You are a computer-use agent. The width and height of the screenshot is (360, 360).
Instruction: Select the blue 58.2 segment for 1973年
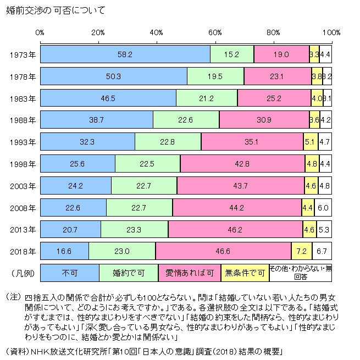pyautogui.click(x=125, y=54)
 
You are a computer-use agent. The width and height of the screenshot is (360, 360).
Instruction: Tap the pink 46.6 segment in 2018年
pyautogui.click(x=223, y=251)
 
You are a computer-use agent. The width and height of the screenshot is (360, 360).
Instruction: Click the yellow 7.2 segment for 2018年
pyautogui.click(x=302, y=251)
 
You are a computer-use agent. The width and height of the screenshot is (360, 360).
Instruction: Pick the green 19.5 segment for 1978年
pyautogui.click(x=215, y=76)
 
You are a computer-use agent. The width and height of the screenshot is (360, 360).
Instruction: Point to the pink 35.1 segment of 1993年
pyautogui.click(x=252, y=142)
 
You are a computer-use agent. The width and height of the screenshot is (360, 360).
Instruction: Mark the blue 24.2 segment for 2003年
pyautogui.click(x=76, y=186)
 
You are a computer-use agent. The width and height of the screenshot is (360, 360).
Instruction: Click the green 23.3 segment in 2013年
pyautogui.click(x=135, y=229)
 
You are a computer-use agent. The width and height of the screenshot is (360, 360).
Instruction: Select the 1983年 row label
pyautogui.click(x=23, y=98)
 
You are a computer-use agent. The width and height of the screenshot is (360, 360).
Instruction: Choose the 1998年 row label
pyautogui.click(x=23, y=164)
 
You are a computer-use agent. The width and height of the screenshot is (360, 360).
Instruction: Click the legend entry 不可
pyautogui.click(x=70, y=272)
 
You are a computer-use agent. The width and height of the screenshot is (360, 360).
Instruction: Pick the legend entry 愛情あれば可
pyautogui.click(x=189, y=272)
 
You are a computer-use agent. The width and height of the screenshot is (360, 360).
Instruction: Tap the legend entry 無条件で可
pyautogui.click(x=245, y=272)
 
